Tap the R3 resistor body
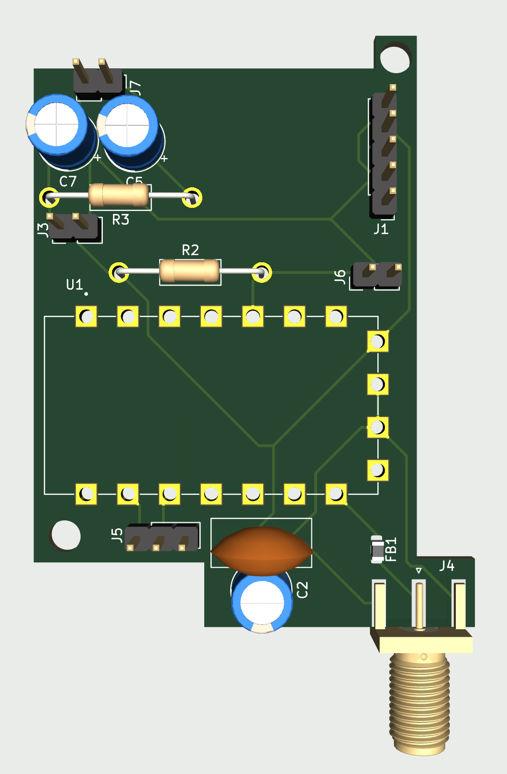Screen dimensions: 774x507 (119, 195)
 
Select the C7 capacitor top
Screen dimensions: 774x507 (56, 125)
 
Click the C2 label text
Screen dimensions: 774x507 (302, 590)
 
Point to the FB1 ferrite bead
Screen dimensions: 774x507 (377, 549)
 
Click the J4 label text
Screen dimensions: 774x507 (447, 566)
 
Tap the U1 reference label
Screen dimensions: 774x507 (74, 285)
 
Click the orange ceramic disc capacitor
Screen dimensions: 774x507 (261, 551)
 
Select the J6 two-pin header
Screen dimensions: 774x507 (376, 275)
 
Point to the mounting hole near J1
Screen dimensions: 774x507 (395, 58)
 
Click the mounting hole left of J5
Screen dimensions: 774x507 (66, 535)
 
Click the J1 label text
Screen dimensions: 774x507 (381, 229)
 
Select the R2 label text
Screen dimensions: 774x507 (190, 250)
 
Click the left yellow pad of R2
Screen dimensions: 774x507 (119, 273)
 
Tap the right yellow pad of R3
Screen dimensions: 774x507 (192, 197)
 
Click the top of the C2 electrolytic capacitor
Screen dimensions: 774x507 (262, 603)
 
